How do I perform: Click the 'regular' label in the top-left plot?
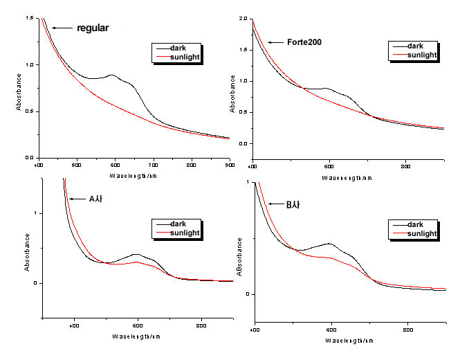pos(93,28)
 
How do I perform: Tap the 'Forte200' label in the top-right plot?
pos(304,42)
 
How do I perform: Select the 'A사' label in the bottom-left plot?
pos(96,199)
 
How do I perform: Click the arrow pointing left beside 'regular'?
pos(63,28)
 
